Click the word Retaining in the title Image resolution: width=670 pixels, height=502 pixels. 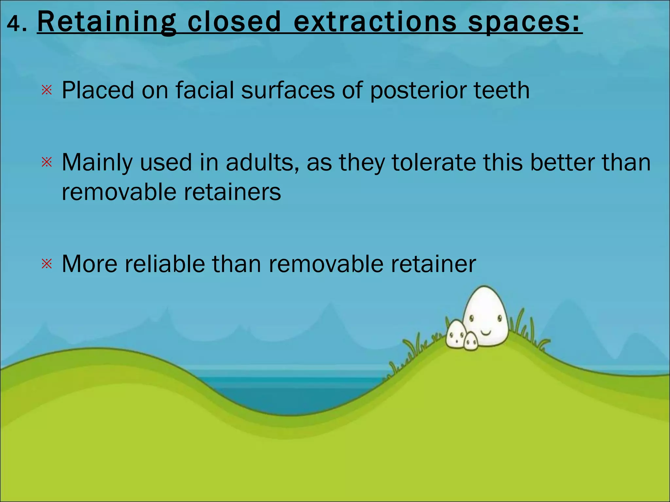coord(107,22)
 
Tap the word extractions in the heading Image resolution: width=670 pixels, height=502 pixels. coord(375,22)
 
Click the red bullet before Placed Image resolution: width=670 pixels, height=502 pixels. coord(47,90)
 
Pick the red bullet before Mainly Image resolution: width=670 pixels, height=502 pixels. coord(47,162)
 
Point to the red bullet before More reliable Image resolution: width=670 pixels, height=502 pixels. coord(47,264)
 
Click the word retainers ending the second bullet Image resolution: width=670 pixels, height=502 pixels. coord(232,192)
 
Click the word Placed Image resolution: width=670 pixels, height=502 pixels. coord(98,90)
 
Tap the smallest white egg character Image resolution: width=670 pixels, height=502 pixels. coord(471,342)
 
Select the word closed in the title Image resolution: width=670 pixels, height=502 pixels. coord(234,22)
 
